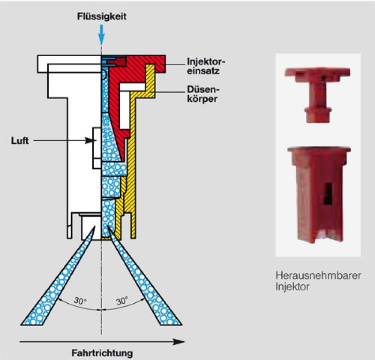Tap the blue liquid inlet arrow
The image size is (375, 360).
[x=102, y=33]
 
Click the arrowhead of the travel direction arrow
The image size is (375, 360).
[x=180, y=342]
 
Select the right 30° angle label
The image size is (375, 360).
[x=122, y=301]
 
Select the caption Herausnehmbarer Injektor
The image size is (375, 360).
[x=318, y=281]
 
